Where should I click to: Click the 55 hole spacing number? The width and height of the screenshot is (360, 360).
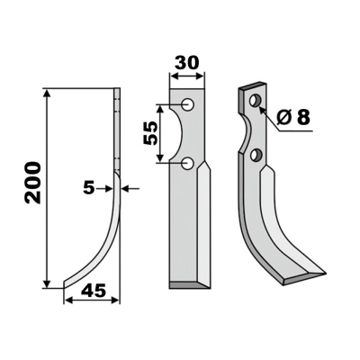pos(150,134)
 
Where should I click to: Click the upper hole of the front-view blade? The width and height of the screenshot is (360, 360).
pos(189,106)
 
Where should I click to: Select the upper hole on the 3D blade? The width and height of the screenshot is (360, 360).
pos(256,99)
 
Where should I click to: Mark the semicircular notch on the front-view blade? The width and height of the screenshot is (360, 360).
pos(174,134)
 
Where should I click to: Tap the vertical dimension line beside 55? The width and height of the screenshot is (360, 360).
pos(160,134)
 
